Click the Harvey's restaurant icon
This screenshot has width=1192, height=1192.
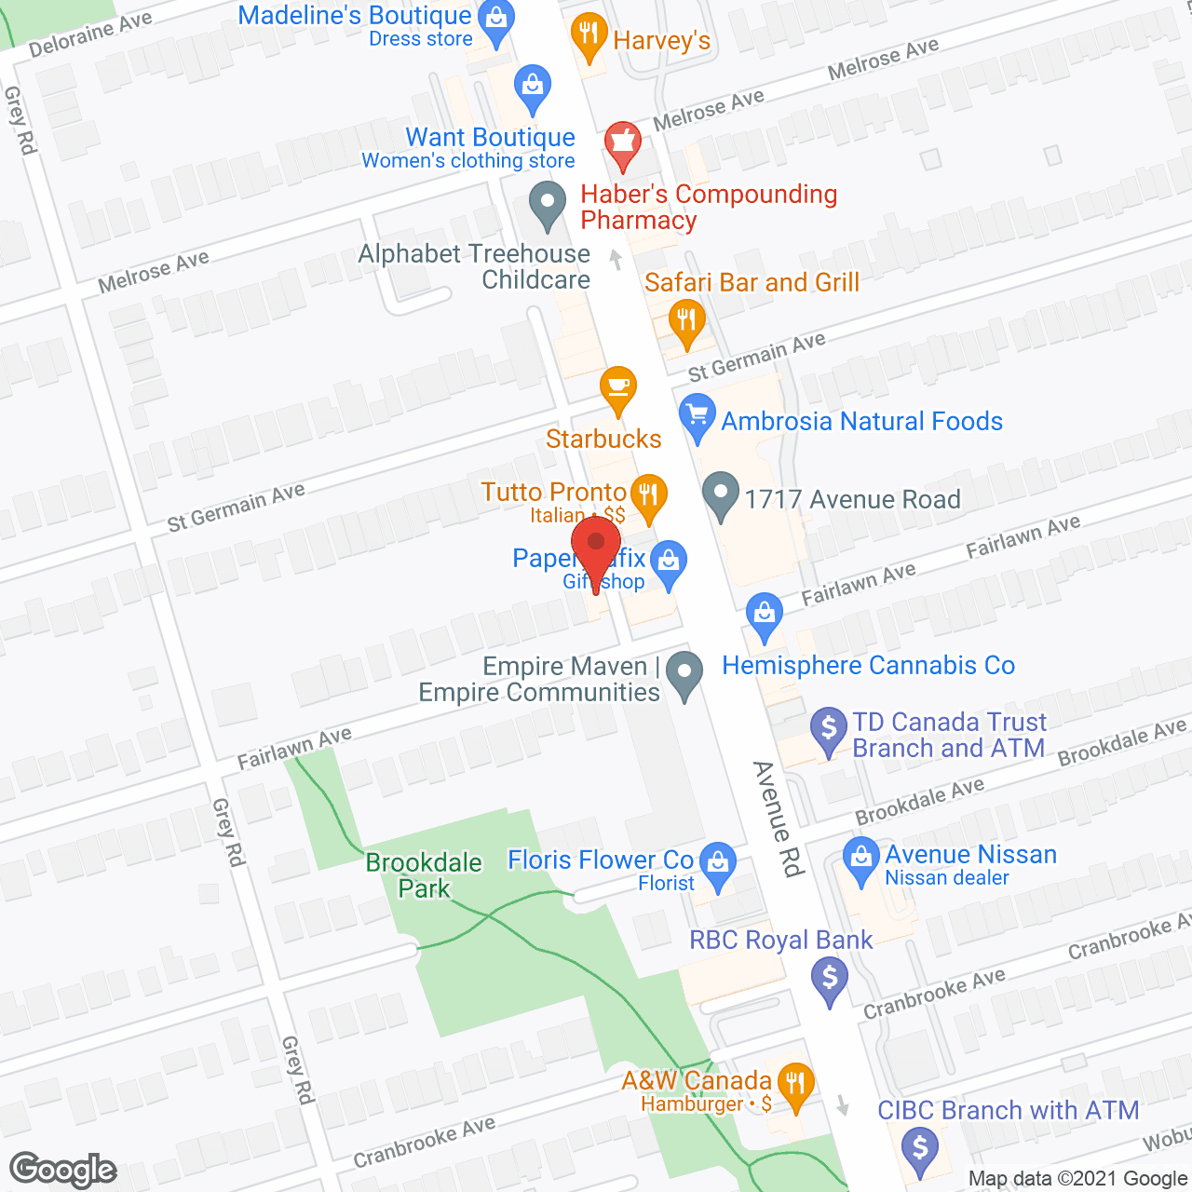tap(588, 35)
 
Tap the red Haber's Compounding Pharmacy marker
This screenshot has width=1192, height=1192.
tap(622, 143)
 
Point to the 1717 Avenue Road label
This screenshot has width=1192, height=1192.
tap(852, 500)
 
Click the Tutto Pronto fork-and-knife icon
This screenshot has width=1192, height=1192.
tap(649, 494)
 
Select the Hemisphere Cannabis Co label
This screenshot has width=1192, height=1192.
tap(868, 666)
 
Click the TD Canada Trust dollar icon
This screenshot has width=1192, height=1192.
tap(828, 728)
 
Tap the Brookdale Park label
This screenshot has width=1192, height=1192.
tap(424, 875)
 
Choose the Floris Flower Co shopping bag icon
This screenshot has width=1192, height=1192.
tap(718, 862)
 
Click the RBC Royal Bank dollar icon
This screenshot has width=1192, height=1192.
tap(829, 979)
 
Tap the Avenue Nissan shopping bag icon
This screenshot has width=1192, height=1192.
tap(860, 858)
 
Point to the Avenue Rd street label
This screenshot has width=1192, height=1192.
tap(778, 819)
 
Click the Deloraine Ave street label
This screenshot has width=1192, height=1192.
tap(90, 34)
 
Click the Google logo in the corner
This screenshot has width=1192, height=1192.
tap(62, 1170)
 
